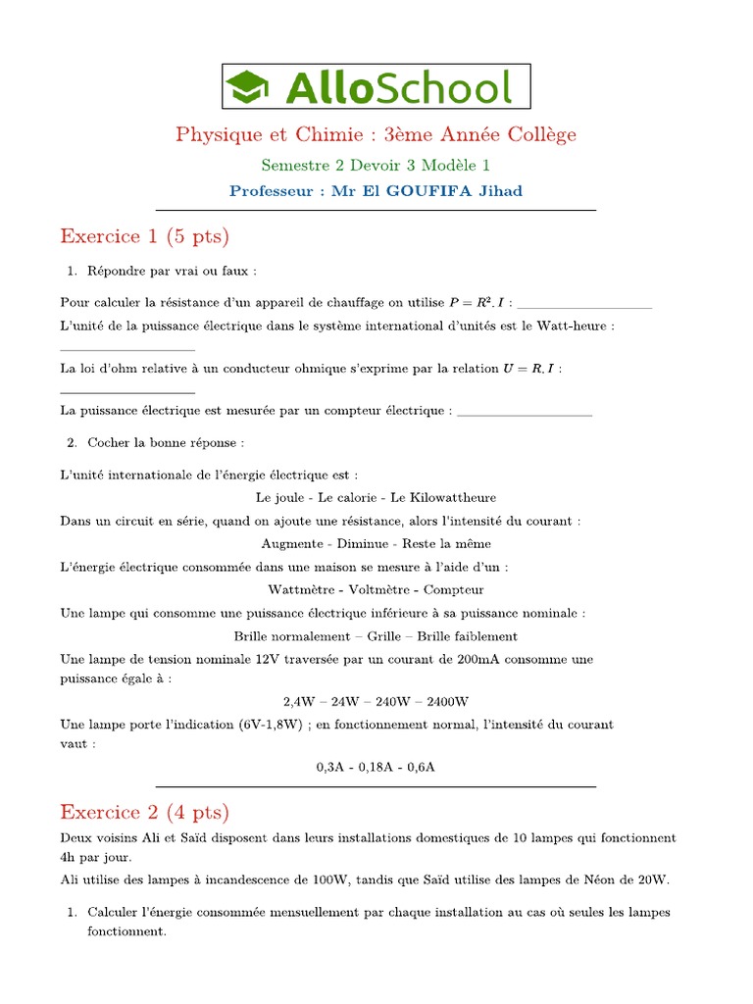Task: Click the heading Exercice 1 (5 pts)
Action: coord(144,236)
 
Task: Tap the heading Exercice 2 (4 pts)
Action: coord(144,812)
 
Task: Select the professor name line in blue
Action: coord(376,191)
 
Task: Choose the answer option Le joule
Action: coord(279,497)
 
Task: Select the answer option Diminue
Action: coord(364,543)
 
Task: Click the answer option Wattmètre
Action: coord(301,589)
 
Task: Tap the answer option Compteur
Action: coord(454,589)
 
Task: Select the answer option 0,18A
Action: coord(376,767)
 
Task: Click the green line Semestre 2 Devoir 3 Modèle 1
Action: coord(376,165)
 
